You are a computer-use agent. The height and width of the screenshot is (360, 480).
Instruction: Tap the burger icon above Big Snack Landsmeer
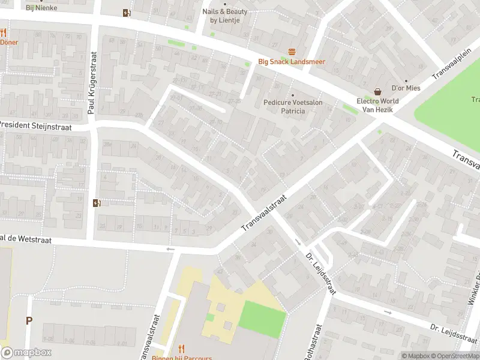pyautogui.click(x=292, y=52)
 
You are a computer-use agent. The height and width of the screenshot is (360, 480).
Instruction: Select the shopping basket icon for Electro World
pyautogui.click(x=378, y=92)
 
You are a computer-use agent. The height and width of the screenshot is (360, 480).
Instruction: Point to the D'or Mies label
pyautogui.click(x=406, y=88)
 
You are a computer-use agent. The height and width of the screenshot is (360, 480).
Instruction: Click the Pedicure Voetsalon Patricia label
pyautogui.click(x=293, y=107)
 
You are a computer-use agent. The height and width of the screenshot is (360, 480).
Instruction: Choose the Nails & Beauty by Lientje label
pyautogui.click(x=224, y=16)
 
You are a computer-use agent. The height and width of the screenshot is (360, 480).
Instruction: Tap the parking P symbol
pyautogui.click(x=28, y=320)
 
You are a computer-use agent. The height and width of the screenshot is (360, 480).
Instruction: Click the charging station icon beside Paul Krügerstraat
pyautogui.click(x=97, y=203)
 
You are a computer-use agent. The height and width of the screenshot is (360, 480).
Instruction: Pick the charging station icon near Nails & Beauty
pyautogui.click(x=126, y=13)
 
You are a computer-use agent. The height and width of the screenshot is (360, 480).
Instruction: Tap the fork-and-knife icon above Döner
pyautogui.click(x=3, y=32)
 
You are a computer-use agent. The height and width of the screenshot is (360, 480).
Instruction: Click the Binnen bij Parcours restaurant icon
pyautogui.click(x=182, y=349)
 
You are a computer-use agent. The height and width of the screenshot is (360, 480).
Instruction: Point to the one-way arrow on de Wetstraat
pyautogui.click(x=170, y=248)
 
